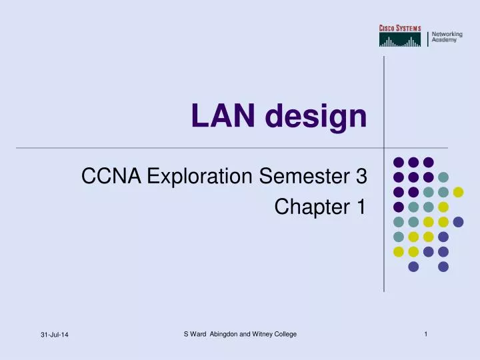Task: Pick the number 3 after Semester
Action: click(x=361, y=177)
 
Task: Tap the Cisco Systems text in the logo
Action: click(x=400, y=27)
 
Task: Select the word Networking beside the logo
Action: click(x=446, y=33)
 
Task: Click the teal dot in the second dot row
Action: click(x=443, y=177)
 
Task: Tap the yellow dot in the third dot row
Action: click(x=458, y=192)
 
